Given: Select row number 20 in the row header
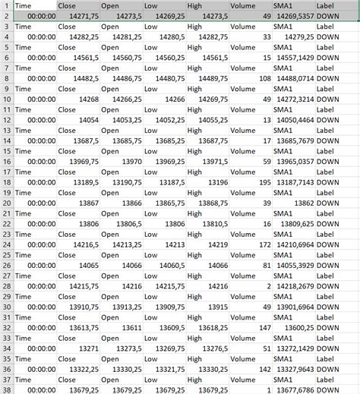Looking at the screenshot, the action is click(6, 203).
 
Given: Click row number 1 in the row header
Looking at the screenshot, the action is click(6, 5).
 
